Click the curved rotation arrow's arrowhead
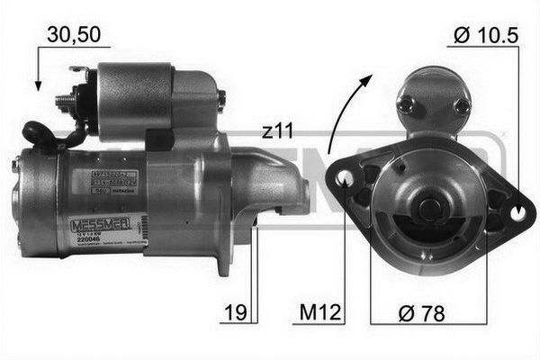[x=367, y=81]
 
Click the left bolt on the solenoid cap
[x=404, y=103]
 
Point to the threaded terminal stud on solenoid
[x=65, y=100]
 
